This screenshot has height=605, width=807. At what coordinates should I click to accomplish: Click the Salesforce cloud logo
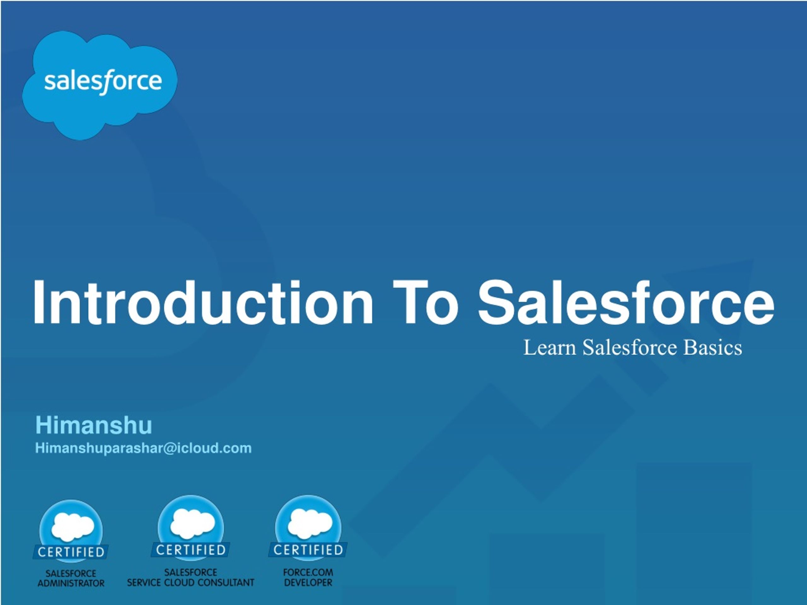click(x=100, y=85)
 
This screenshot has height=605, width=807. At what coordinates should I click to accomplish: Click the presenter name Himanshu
click(x=94, y=425)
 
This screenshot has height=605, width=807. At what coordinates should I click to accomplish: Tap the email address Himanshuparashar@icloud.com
click(x=143, y=448)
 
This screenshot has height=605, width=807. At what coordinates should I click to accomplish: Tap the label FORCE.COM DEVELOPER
click(x=308, y=577)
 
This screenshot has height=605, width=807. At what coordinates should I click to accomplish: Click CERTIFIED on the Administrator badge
click(x=71, y=552)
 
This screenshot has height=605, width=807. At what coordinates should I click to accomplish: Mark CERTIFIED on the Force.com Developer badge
click(x=308, y=550)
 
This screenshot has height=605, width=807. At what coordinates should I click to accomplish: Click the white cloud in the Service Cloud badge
click(x=192, y=524)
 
